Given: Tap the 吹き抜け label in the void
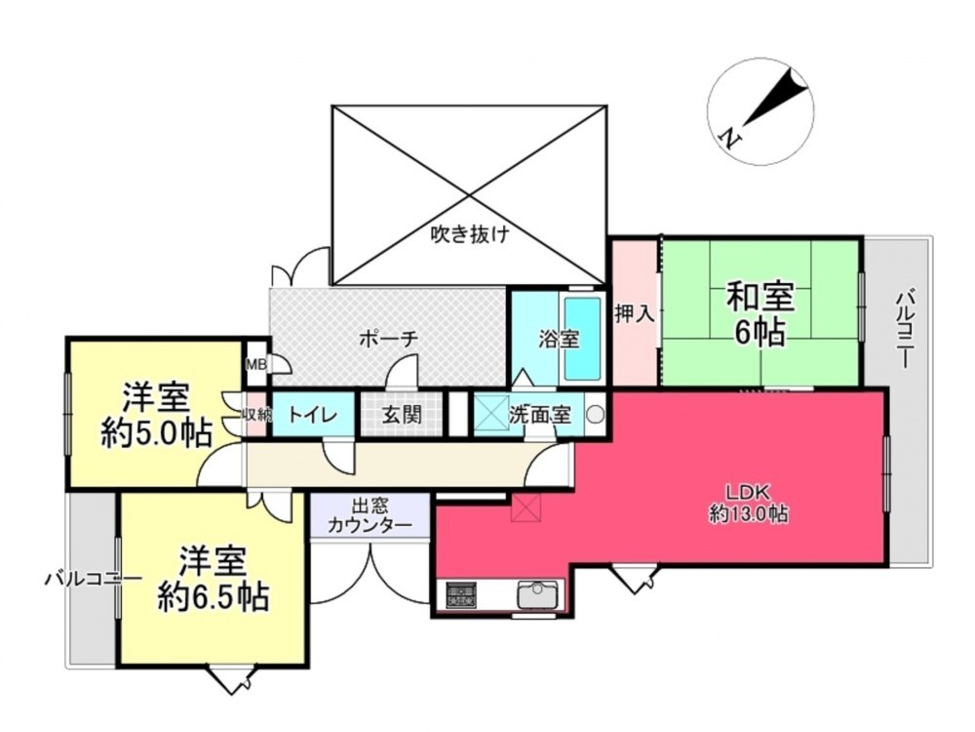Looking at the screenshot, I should [470, 234].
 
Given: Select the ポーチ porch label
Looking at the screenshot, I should [389, 338].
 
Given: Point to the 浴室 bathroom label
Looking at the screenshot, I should [560, 339].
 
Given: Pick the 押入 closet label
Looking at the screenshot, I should [635, 314].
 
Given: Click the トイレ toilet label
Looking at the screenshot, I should [312, 415].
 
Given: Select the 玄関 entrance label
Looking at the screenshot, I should [401, 415].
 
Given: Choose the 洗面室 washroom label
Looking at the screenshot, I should [539, 415].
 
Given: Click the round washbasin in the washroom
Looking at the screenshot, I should [595, 415].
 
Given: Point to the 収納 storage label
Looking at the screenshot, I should [255, 415].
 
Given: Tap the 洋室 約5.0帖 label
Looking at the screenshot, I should [156, 416].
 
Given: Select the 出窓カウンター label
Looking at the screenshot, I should [370, 516].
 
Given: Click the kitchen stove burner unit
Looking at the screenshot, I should [460, 594].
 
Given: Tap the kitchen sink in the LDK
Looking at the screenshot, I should [536, 593].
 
